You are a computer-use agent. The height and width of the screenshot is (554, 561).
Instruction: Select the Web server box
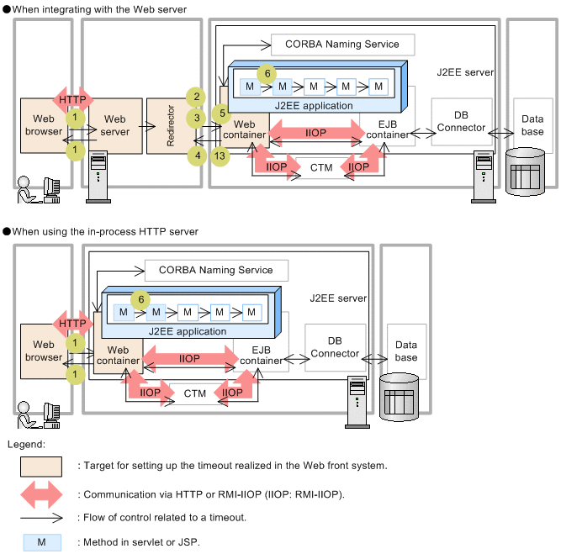115,126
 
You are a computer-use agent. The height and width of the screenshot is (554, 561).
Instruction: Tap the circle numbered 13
220,156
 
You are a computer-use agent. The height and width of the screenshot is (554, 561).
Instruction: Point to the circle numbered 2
195,97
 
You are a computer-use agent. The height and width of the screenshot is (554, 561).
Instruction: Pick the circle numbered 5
221,112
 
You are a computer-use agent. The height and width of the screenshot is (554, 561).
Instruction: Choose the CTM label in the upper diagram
321,167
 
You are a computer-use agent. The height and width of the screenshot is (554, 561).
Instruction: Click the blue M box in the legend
41,542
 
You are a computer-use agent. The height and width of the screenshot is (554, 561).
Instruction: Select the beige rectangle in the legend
41,465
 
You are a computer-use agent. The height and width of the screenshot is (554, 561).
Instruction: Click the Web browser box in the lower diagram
43,351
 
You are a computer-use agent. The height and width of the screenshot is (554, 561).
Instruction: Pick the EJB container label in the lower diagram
262,354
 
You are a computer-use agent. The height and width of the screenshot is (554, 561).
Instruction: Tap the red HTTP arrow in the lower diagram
73,324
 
